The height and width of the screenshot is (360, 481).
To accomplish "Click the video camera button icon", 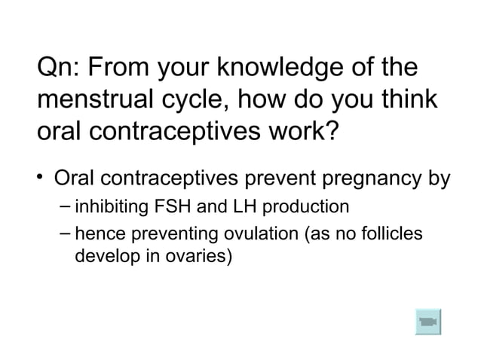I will click(x=427, y=322).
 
